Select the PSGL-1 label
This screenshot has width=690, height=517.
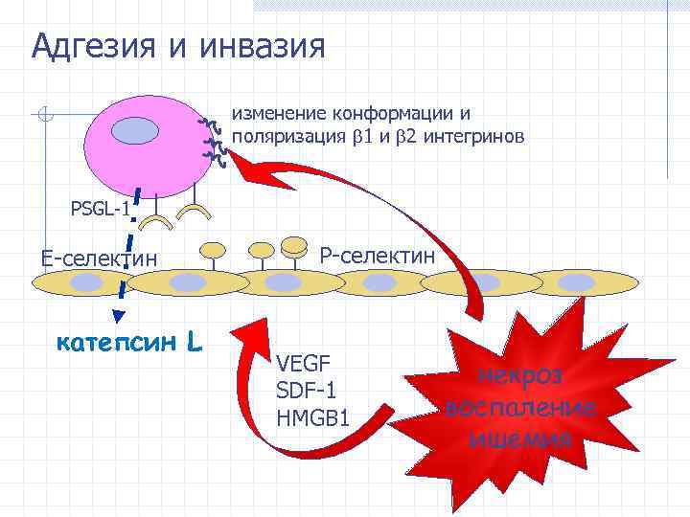click(x=100, y=208)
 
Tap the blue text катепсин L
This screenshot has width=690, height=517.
click(x=128, y=341)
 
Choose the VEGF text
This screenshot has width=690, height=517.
click(x=303, y=364)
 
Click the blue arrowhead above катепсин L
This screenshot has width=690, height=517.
click(x=119, y=316)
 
